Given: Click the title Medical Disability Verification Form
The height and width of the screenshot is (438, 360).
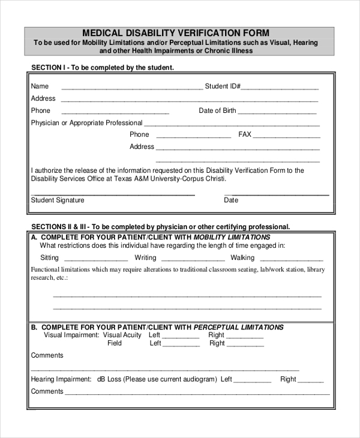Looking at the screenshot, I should click(175, 33).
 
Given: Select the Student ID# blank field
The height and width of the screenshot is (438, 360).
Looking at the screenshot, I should click(280, 88).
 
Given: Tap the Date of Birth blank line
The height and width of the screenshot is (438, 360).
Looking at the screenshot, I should click(277, 113).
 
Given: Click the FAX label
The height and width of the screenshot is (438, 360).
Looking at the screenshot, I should click(245, 134).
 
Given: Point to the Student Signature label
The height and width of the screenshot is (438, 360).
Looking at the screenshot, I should click(58, 200).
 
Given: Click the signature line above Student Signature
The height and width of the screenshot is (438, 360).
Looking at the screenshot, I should click(113, 195).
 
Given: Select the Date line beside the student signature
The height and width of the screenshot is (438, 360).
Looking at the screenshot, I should click(276, 195).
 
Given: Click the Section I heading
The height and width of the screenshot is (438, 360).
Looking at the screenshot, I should click(103, 68).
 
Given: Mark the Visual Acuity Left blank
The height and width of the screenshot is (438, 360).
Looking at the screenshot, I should click(182, 338).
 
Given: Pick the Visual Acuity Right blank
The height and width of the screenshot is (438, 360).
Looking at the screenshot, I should click(245, 338).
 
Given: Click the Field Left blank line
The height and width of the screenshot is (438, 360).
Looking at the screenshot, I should click(182, 346).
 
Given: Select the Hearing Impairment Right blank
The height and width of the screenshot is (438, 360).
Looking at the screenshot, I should click(311, 382).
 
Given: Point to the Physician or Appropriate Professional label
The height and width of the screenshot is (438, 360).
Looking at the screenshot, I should click(86, 123).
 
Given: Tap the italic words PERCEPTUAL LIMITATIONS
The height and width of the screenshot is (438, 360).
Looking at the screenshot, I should click(238, 328).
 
